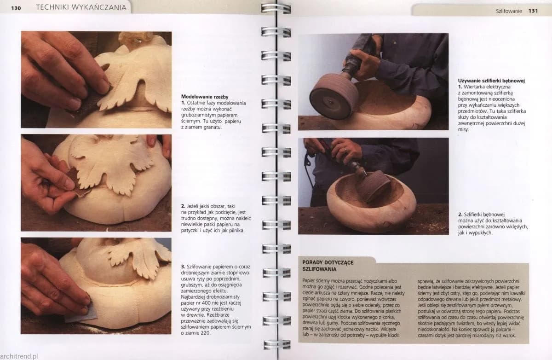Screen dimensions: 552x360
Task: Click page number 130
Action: point(16,8)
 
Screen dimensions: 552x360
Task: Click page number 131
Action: point(533,11)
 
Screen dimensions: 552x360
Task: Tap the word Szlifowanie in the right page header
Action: point(509,11)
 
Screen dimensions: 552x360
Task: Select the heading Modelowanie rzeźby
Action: point(205,97)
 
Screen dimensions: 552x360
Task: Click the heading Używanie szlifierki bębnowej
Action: point(491,81)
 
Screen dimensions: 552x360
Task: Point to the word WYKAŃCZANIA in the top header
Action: point(99,8)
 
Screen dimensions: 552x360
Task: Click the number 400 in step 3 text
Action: point(206,303)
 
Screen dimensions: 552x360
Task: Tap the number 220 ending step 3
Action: point(205,333)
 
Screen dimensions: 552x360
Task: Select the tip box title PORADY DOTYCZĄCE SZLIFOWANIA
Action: point(328,266)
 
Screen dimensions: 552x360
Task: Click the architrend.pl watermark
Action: point(19,356)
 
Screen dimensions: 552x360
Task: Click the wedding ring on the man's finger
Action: point(345,150)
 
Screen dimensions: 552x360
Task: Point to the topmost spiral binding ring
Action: point(276,9)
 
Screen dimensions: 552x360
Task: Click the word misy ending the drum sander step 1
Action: point(463,129)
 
